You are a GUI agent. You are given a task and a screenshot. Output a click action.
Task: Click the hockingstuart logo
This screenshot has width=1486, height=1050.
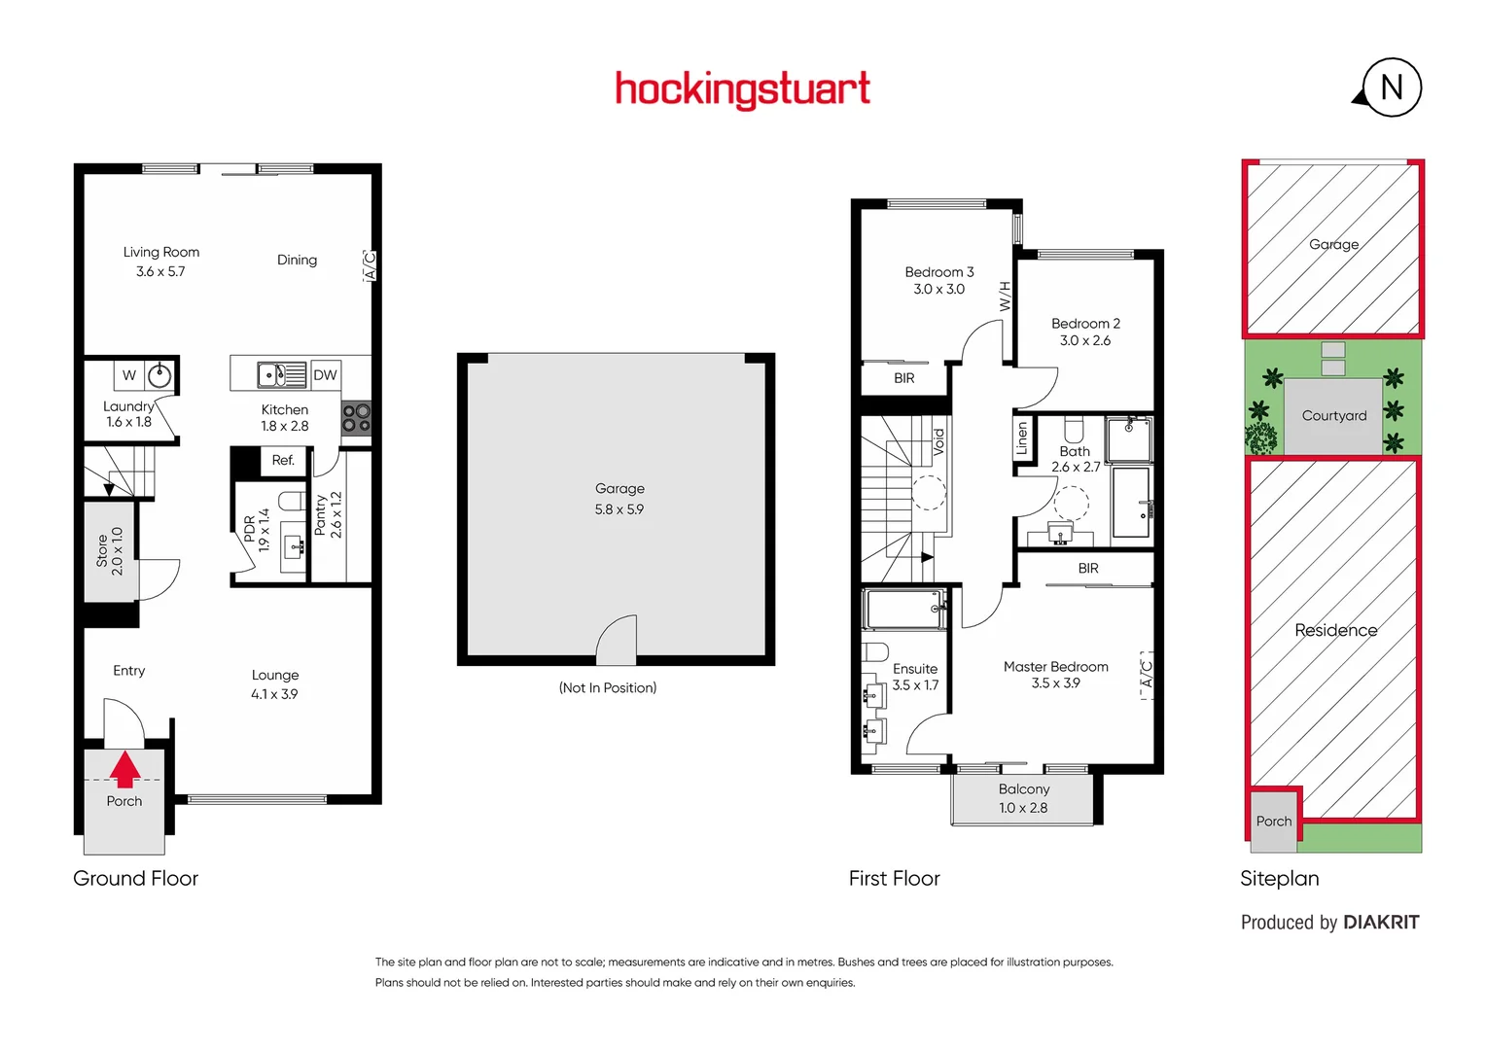[742, 89]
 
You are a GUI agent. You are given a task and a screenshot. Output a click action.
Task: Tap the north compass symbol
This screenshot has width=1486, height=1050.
[1391, 87]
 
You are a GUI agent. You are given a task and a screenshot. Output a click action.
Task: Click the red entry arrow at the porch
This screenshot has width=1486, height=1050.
[124, 768]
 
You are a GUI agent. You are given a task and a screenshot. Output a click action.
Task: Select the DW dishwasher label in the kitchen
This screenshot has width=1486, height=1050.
[325, 375]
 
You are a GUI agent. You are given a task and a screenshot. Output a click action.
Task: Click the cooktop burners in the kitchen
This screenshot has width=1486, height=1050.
[356, 418]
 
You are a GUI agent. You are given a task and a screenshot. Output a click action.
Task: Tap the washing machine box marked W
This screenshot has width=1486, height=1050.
[129, 375]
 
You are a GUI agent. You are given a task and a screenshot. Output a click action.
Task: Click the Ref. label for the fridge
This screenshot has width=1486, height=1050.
[283, 461]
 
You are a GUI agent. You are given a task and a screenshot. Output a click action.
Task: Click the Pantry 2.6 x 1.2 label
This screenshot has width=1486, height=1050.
[329, 514]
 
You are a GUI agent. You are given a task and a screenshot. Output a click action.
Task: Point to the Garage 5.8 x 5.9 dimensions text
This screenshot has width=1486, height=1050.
[619, 509]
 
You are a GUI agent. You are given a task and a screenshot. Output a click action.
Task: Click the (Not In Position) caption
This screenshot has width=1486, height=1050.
[608, 688]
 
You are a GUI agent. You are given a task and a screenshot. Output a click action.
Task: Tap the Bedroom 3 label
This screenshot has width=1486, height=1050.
[938, 272]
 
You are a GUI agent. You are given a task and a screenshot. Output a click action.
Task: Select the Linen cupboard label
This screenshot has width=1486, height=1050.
[1022, 439]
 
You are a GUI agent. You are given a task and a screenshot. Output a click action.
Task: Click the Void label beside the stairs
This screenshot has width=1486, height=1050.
[938, 442]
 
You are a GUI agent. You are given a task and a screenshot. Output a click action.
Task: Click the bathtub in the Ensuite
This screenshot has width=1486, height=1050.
[904, 610]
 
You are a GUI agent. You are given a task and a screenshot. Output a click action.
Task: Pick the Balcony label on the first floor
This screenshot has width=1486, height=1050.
[1024, 789]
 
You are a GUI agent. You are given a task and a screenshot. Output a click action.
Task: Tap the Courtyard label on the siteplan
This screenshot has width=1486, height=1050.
[1333, 416]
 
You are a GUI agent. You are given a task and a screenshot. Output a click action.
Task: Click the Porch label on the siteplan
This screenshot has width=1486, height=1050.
[1273, 822]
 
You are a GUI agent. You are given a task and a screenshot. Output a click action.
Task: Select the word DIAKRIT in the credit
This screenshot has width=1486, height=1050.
[1381, 923]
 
